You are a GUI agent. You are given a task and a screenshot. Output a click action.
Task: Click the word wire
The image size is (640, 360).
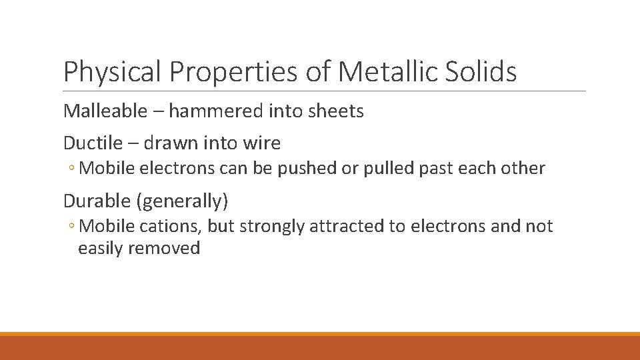[x=263, y=143]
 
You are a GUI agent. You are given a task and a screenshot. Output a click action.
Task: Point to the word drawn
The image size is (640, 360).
[x=169, y=143]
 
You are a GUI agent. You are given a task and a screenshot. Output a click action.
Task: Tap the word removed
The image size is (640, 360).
[x=164, y=249]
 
